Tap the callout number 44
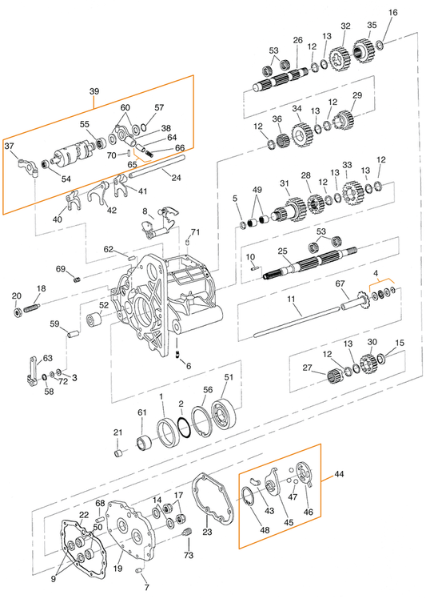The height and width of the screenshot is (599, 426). click(x=339, y=475)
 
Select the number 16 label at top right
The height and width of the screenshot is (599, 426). click(x=392, y=13)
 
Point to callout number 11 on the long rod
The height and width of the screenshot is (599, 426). click(x=293, y=299)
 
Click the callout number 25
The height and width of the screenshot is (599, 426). click(x=281, y=251)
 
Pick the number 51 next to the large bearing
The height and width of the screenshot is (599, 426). click(x=229, y=377)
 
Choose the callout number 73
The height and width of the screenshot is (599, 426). click(x=189, y=555)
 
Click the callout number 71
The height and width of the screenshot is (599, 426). click(x=195, y=231)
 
